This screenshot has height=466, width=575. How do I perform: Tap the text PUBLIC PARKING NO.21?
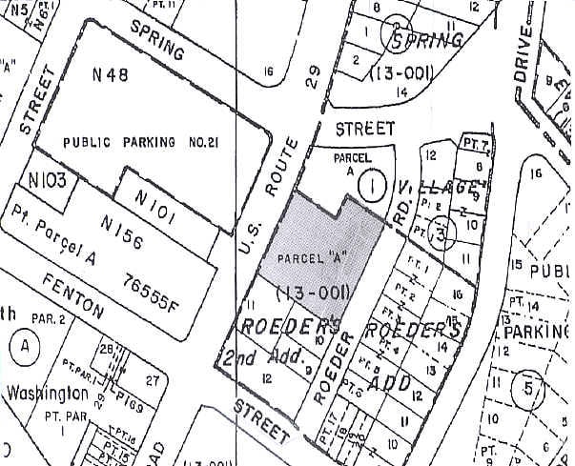pyautogui.click(x=141, y=142)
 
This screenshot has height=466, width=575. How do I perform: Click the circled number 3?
pyautogui.click(x=440, y=231)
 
